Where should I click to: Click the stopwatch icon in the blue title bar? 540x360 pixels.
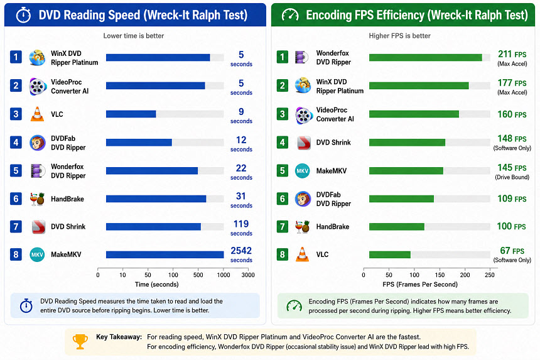[x=24, y=15]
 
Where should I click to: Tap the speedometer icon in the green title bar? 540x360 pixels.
[x=290, y=15]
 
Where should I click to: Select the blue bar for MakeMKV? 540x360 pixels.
[x=165, y=254]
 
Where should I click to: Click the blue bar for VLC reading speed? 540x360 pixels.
[x=131, y=114]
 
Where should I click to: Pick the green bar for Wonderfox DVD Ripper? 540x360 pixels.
[x=425, y=58]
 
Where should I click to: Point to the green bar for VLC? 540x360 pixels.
[x=390, y=254]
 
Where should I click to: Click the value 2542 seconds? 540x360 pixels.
[x=241, y=254]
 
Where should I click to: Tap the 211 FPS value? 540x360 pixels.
[x=512, y=55]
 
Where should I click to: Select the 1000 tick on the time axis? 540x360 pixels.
[x=223, y=275]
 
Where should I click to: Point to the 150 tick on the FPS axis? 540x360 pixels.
[x=440, y=275]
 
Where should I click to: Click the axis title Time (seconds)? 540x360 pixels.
[x=157, y=285]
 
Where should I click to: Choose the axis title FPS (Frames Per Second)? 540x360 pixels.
[x=420, y=285]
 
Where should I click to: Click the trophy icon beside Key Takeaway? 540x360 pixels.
[x=80, y=341]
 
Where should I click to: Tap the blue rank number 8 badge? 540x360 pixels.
[x=16, y=254]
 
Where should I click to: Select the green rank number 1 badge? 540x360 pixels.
[x=283, y=57]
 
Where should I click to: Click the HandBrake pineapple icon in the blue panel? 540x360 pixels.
[x=37, y=199]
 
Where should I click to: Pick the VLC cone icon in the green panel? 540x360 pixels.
[x=303, y=254]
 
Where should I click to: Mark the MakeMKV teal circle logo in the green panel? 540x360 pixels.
[x=303, y=171]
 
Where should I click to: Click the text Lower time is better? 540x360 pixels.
[x=134, y=36]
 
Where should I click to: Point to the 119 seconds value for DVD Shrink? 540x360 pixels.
[x=241, y=228]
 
